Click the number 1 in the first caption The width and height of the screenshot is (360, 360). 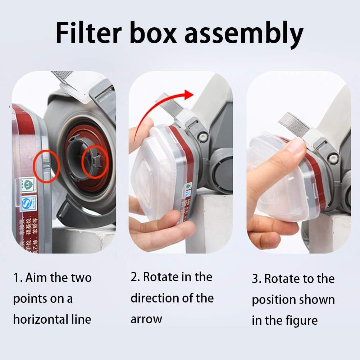click(16, 278)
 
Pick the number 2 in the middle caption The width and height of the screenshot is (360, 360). click(135, 277)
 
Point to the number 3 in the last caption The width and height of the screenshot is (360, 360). click(255, 279)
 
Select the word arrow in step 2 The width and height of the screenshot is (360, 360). click(146, 319)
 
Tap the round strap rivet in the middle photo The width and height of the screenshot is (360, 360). click(202, 137)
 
